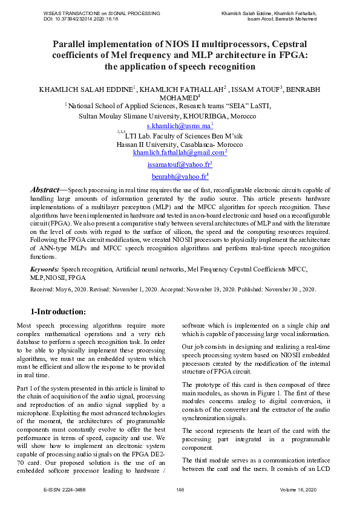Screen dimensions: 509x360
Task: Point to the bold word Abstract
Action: pos(45,190)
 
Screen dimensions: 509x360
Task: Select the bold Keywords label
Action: pos(45,268)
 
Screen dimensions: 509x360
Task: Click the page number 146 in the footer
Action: pos(180,489)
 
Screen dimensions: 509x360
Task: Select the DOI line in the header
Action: pos(81,19)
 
